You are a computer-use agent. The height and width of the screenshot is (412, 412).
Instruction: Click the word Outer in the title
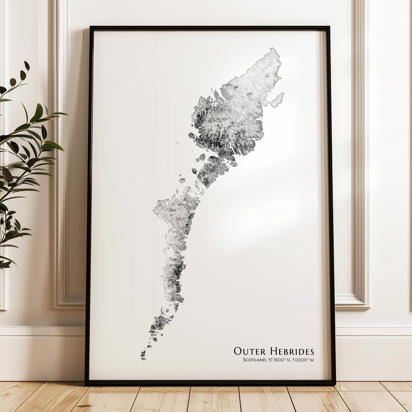pos(250,351)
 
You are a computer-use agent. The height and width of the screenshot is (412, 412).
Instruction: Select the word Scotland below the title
pos(254,360)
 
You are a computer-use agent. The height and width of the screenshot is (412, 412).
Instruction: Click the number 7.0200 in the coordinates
pos(300,360)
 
